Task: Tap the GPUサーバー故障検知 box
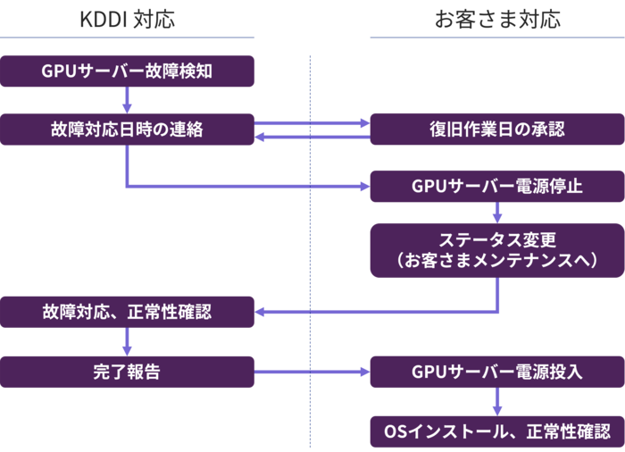pos(128,71)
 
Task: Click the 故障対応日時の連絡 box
pos(128,130)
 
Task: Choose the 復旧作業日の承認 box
pos(496,130)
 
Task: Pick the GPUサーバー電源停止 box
pos(496,187)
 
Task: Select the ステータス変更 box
pos(496,250)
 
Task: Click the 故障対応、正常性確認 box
pos(128,313)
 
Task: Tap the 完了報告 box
pos(128,372)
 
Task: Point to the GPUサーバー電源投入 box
pos(496,372)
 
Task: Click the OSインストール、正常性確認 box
pos(496,431)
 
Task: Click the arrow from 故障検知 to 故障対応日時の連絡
pos(128,100)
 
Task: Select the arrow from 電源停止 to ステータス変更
pos(497,213)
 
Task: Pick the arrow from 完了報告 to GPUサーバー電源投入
pos(312,372)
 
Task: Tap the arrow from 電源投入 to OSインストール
pos(497,401)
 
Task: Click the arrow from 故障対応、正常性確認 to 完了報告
pos(128,342)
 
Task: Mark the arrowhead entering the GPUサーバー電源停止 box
pos(363,187)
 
